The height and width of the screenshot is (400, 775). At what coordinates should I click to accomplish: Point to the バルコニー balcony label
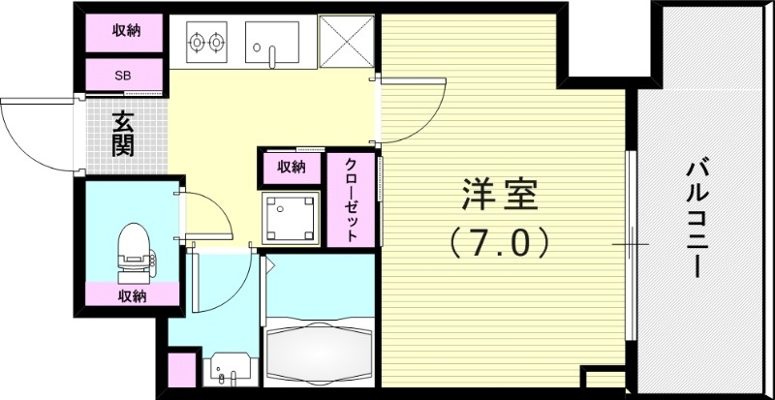coord(694,219)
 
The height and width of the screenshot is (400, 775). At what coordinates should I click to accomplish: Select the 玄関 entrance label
coord(122,136)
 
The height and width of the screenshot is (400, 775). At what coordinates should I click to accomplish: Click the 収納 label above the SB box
coord(126,31)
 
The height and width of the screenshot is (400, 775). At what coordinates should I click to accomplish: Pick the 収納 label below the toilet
coord(133,295)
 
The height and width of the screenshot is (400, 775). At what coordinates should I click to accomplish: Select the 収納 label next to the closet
coord(292,167)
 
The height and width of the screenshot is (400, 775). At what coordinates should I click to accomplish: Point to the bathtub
coord(320,349)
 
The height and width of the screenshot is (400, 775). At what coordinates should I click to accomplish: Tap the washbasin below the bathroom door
coord(230,373)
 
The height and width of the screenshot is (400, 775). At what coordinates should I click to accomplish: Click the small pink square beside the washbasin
coord(180,372)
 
